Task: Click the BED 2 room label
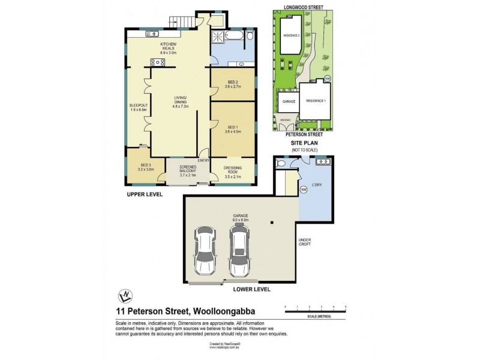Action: (233, 85)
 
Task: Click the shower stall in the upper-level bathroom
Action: (217, 37)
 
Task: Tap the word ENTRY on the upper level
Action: (203, 160)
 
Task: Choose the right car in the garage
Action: (239, 251)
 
